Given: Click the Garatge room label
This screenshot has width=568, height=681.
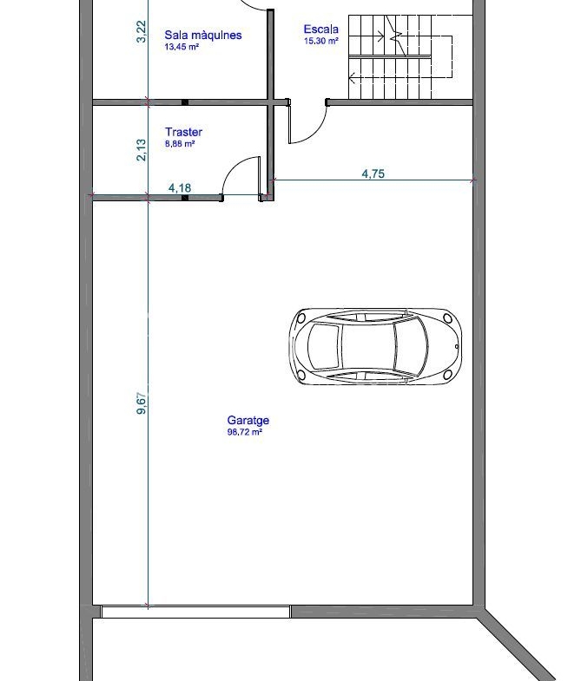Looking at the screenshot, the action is click(x=248, y=421).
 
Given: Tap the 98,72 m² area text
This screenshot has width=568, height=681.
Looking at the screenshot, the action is click(x=244, y=432).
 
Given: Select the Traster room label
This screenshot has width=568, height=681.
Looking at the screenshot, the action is click(x=183, y=132).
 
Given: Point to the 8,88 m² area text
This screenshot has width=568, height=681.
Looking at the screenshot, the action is click(x=180, y=144).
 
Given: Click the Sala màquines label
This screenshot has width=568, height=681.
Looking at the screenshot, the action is click(x=203, y=36).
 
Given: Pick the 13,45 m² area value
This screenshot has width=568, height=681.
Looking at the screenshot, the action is click(x=182, y=47).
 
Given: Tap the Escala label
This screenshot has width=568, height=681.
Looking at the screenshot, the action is click(x=321, y=29).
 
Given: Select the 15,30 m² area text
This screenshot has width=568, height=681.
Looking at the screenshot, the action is click(x=321, y=42).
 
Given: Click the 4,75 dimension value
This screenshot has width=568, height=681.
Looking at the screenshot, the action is click(x=373, y=174).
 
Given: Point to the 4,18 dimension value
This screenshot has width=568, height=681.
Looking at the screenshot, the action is click(x=180, y=187).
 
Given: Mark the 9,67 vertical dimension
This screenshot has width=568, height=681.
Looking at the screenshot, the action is click(x=142, y=403).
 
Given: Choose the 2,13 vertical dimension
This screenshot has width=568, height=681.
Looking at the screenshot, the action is click(x=142, y=150).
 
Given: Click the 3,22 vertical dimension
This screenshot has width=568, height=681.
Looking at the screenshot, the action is click(x=142, y=32).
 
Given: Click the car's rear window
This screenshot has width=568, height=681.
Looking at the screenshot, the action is click(x=324, y=347).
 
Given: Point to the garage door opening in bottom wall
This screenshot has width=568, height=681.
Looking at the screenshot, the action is click(x=195, y=612).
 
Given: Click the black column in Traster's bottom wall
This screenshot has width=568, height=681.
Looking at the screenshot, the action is click(x=185, y=198).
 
